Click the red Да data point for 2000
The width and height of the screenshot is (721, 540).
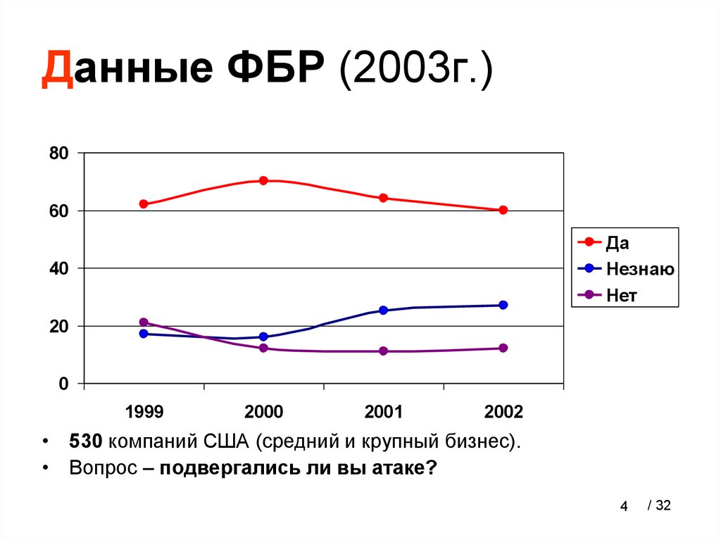click(x=263, y=180)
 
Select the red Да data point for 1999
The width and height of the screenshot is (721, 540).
click(x=144, y=204)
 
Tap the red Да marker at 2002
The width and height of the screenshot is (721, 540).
click(x=503, y=210)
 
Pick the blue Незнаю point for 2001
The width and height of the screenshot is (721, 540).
click(x=383, y=310)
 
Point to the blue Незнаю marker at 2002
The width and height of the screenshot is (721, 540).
click(x=503, y=305)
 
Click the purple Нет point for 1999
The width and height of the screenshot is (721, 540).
click(x=144, y=322)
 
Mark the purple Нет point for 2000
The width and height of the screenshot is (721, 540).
click(x=263, y=348)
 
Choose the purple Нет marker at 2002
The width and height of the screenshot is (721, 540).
click(x=503, y=348)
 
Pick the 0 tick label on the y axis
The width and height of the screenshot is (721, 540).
click(x=63, y=384)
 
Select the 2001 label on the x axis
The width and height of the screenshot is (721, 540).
click(x=383, y=412)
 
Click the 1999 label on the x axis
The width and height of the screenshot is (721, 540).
click(x=144, y=412)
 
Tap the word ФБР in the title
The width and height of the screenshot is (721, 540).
click(x=274, y=72)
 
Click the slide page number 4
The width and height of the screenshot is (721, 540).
click(x=623, y=506)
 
